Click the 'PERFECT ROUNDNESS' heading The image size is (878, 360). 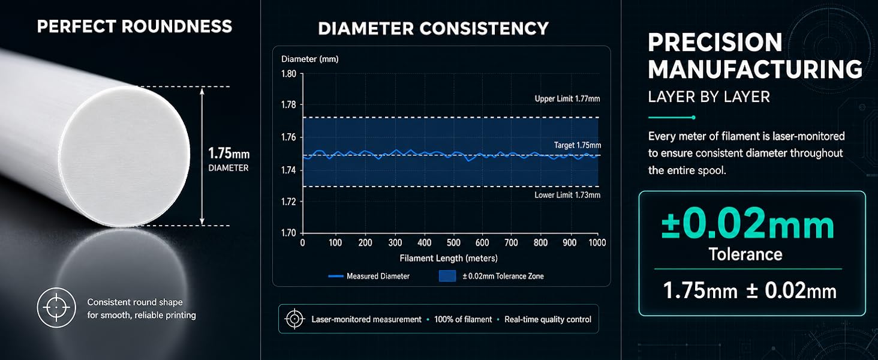pyautogui.click(x=134, y=26)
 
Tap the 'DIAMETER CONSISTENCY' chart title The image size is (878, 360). pyautogui.click(x=433, y=29)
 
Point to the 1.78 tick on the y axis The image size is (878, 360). pyautogui.click(x=289, y=105)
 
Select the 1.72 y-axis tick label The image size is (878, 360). pyautogui.click(x=289, y=202)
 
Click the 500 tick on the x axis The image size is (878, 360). pyautogui.click(x=453, y=243)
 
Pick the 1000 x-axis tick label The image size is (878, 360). pyautogui.click(x=597, y=243)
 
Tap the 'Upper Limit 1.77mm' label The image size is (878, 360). pyautogui.click(x=567, y=99)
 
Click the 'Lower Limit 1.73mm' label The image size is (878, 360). pyautogui.click(x=567, y=195)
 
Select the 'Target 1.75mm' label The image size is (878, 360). pyautogui.click(x=578, y=145)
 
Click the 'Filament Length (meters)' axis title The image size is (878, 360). pyautogui.click(x=449, y=259)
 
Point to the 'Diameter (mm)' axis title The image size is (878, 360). pyautogui.click(x=309, y=59)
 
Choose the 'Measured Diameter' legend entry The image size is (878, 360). pyautogui.click(x=369, y=276)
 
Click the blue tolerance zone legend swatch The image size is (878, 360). pyautogui.click(x=447, y=276)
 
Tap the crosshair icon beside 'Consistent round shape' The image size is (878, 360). pyautogui.click(x=56, y=308)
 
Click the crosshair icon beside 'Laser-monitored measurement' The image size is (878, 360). pyautogui.click(x=294, y=319)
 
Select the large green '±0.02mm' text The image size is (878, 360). pyautogui.click(x=747, y=224)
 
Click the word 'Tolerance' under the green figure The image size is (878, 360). pyautogui.click(x=745, y=254)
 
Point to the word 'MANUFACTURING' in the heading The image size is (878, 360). pyautogui.click(x=755, y=69)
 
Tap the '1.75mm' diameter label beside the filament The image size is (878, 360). pyautogui.click(x=228, y=153)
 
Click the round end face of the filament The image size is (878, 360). pyautogui.click(x=125, y=157)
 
